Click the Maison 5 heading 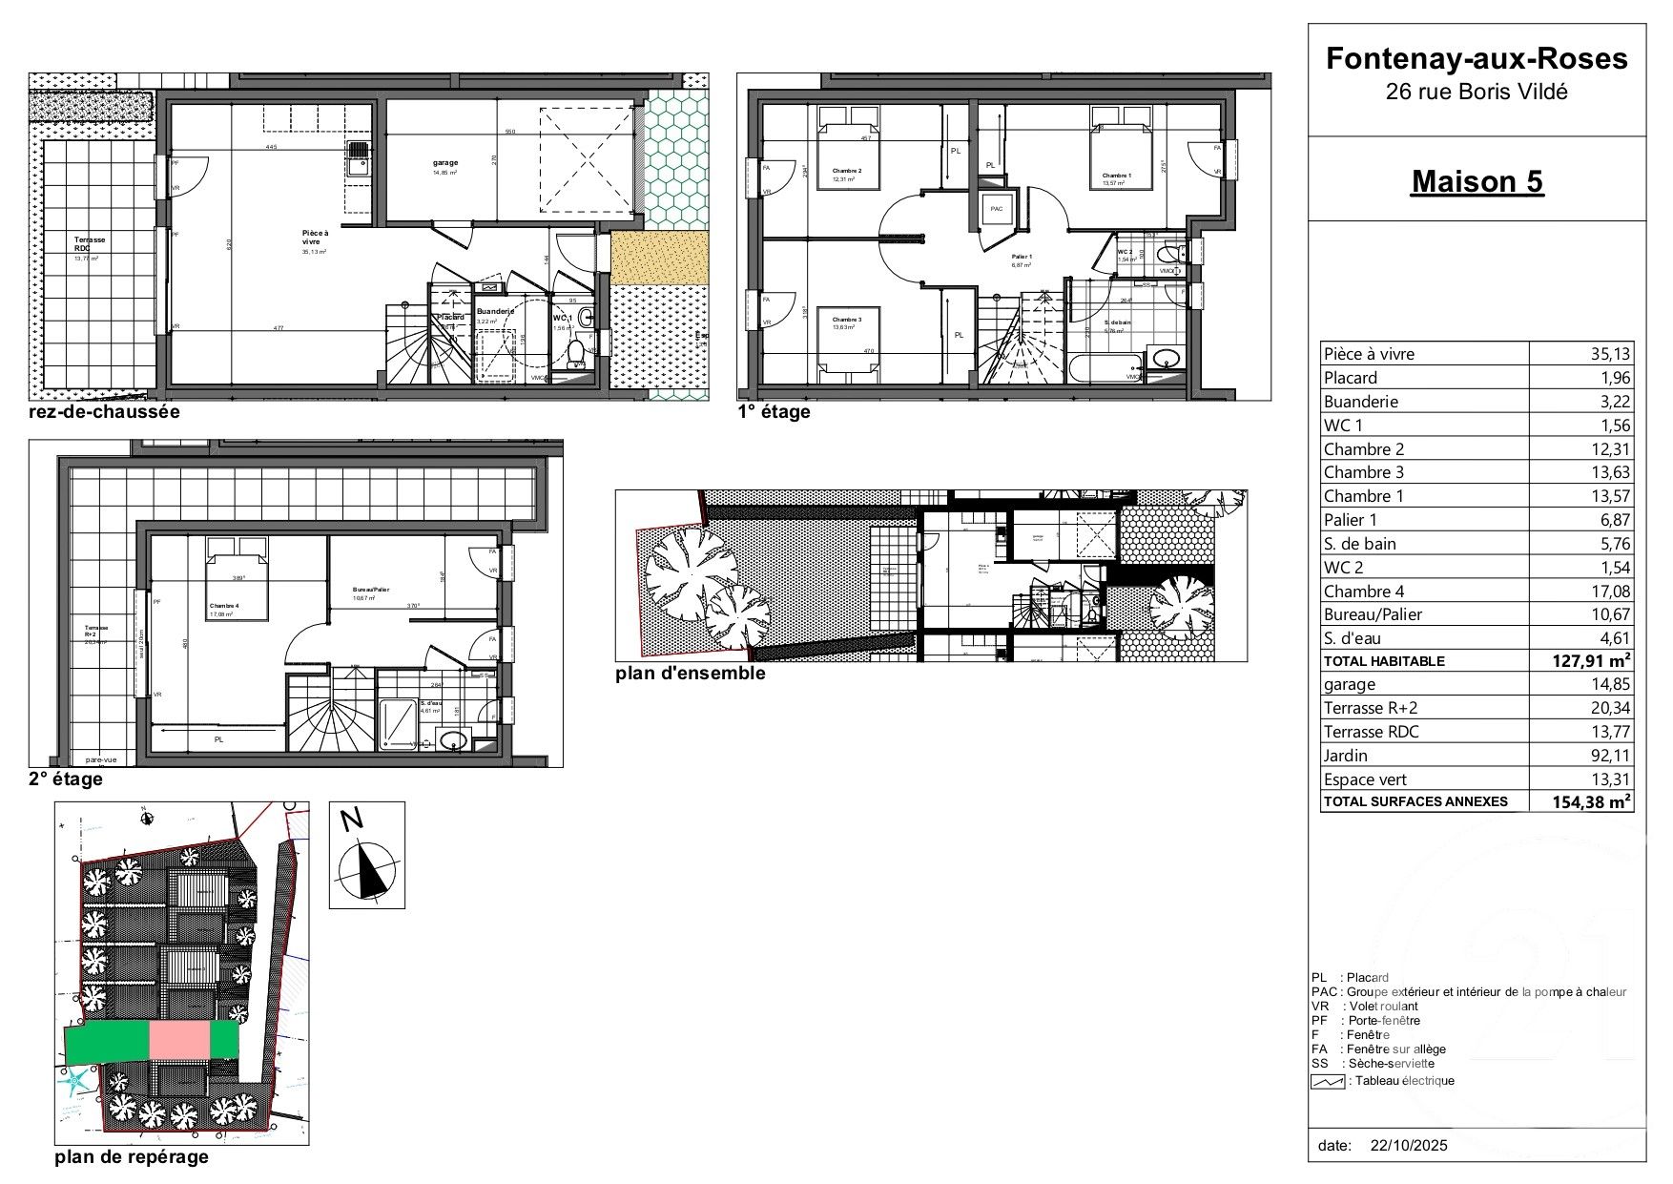point(1477,181)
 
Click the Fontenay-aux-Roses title point(1477,58)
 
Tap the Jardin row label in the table point(1345,756)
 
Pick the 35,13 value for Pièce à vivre point(1610,354)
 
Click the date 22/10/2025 point(1408,1145)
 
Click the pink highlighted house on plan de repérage point(179,1039)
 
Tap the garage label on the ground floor point(444,163)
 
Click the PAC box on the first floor point(997,210)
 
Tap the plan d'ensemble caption point(691,674)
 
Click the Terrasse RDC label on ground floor point(90,244)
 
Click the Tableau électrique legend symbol point(1327,1081)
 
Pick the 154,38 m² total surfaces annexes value point(1591,802)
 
